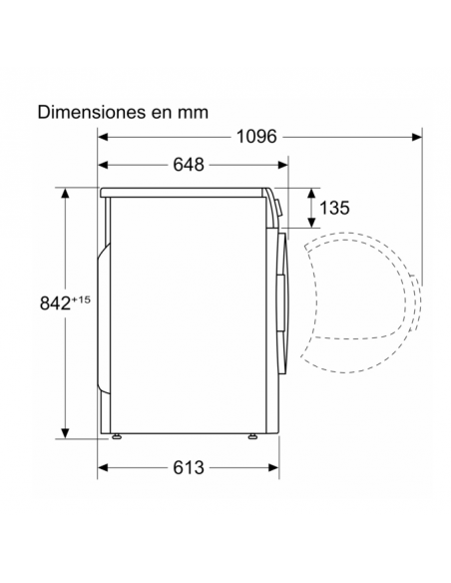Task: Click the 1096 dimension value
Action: click(x=256, y=137)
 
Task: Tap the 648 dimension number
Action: click(x=189, y=165)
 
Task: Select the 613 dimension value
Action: click(x=189, y=467)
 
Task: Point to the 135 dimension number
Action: click(x=334, y=208)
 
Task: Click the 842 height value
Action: click(x=55, y=303)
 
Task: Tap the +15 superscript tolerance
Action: click(x=81, y=299)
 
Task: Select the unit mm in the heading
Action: click(x=193, y=114)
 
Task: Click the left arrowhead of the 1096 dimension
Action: click(x=103, y=137)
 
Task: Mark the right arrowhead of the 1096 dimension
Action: click(x=417, y=137)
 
